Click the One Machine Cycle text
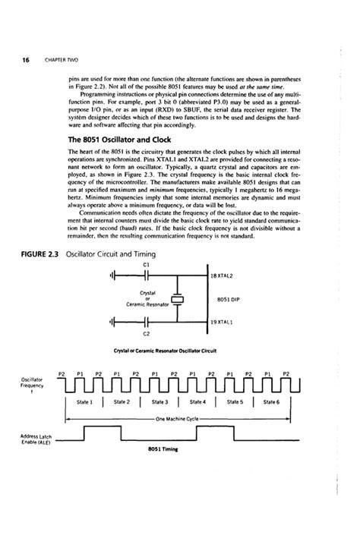tap(177, 418)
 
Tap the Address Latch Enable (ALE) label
tap(25, 439)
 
